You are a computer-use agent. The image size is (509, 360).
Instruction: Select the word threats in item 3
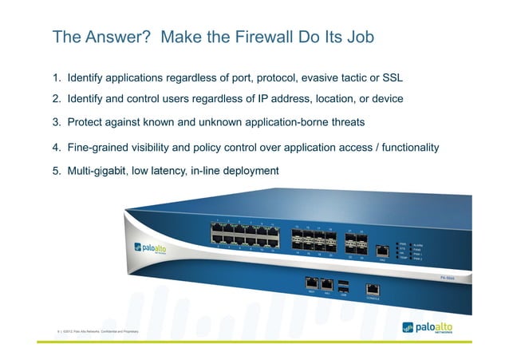pos(345,122)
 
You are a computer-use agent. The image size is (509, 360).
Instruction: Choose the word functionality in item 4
pos(407,148)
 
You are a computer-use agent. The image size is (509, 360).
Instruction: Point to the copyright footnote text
pos(94,330)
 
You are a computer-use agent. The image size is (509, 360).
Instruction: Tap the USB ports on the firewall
pos(342,286)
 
